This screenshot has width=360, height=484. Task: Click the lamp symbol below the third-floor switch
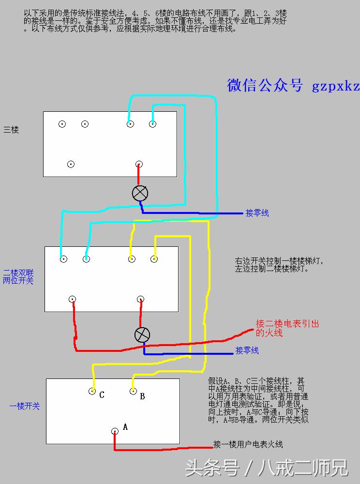coord(140,193)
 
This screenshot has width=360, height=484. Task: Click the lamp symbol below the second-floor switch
coord(142,334)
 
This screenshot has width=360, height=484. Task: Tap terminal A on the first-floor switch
coord(115,431)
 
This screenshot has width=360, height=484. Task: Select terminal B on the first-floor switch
coord(133,391)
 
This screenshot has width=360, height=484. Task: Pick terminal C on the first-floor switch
coord(92,391)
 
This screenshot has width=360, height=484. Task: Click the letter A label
coord(125,427)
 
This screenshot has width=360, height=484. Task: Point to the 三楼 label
coord(11,130)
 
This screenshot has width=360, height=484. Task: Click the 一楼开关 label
coord(25,406)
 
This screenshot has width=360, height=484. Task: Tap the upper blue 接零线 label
coord(257,213)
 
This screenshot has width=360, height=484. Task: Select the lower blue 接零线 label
coord(247,350)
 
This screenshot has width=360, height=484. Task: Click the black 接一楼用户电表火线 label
coord(248,444)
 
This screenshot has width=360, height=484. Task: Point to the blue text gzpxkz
coord(336,86)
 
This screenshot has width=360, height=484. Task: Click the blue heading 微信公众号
coord(265,85)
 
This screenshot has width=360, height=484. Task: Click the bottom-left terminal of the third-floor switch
coord(71,164)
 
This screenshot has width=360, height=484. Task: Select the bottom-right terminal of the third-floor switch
coord(139,164)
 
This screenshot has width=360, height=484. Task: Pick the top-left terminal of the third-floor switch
coord(62,124)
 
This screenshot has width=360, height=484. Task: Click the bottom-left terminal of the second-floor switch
coord(72,299)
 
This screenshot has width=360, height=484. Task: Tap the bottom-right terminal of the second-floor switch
coord(140,299)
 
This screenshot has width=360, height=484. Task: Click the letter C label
coord(102,395)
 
